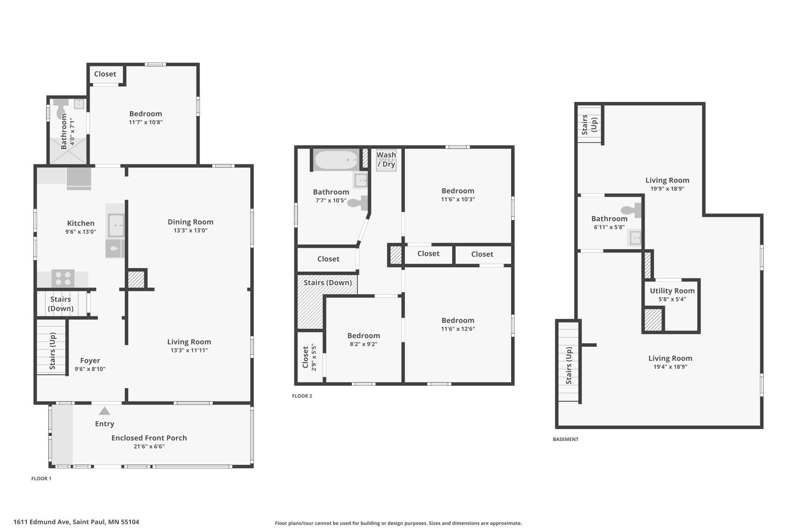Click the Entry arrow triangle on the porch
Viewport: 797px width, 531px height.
pyautogui.click(x=105, y=411)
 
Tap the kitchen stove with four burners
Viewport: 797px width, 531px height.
pyautogui.click(x=63, y=279)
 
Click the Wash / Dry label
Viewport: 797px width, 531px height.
pyautogui.click(x=386, y=159)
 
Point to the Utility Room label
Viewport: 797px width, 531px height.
pyautogui.click(x=672, y=291)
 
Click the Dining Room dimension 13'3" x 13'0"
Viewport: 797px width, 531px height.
pyautogui.click(x=190, y=230)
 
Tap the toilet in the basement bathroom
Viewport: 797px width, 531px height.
pyautogui.click(x=631, y=210)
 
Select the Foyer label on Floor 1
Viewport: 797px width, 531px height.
pyautogui.click(x=90, y=361)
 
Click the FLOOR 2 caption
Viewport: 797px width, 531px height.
pyautogui.click(x=302, y=396)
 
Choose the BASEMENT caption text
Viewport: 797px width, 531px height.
pyautogui.click(x=566, y=439)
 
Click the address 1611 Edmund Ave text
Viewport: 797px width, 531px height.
pyautogui.click(x=42, y=522)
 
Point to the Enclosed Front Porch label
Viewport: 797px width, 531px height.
pyautogui.click(x=149, y=438)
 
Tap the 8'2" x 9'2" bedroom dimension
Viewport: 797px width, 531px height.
pyautogui.click(x=364, y=344)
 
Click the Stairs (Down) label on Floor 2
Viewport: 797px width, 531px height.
pyautogui.click(x=328, y=283)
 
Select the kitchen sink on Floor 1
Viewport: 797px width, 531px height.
pyautogui.click(x=116, y=225)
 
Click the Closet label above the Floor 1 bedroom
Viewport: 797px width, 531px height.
pyautogui.click(x=105, y=74)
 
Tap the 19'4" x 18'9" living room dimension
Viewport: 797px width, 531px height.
pyautogui.click(x=670, y=367)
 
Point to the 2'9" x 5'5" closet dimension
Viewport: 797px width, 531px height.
pyautogui.click(x=314, y=358)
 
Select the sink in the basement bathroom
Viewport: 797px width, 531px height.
pyautogui.click(x=635, y=238)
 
